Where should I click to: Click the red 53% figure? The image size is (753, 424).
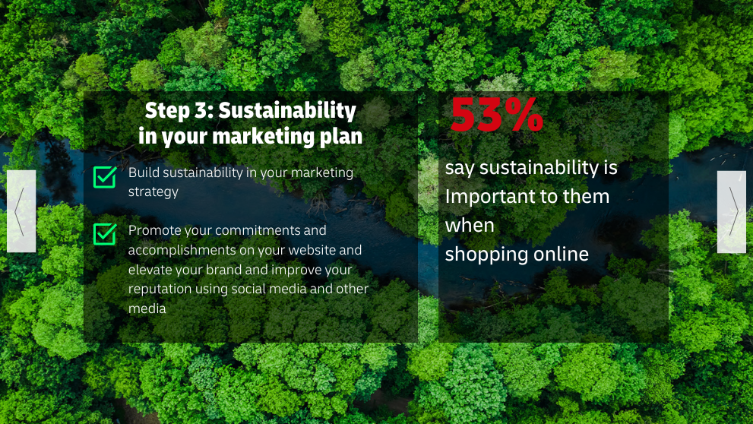pos(497,114)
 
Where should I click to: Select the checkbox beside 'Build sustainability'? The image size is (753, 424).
pos(105,177)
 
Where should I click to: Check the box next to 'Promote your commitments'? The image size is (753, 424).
pos(105,234)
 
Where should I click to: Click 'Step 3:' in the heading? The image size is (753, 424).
pos(179,110)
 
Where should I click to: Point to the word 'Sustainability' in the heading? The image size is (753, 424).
pos(287,110)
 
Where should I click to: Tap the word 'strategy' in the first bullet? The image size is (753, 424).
pos(153,192)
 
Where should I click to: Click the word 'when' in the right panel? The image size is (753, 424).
pos(470,225)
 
